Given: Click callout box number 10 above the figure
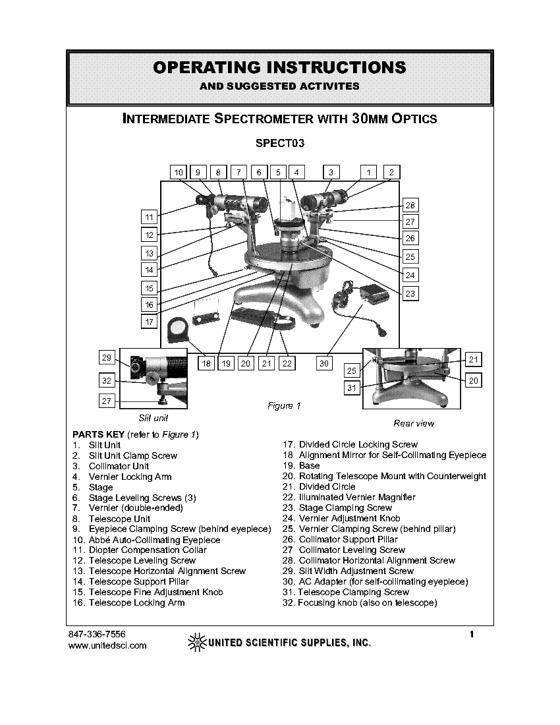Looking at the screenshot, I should click(179, 172).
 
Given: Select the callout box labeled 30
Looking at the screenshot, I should click(325, 362).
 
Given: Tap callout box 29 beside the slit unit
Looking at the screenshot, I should click(107, 358).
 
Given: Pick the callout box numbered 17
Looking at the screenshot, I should click(150, 322).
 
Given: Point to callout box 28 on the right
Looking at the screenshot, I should click(410, 205).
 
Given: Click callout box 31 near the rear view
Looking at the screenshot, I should click(352, 388).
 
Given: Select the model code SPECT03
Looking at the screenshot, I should click(280, 142).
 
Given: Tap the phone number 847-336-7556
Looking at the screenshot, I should click(97, 634).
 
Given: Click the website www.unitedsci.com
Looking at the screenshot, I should click(107, 645).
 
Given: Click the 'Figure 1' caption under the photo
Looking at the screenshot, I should click(284, 406).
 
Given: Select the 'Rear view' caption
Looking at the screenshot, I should click(414, 423).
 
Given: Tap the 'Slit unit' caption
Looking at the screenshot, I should click(153, 418).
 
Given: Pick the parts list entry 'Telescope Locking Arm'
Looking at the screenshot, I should click(136, 603).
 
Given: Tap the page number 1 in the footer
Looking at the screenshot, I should click(472, 635).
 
